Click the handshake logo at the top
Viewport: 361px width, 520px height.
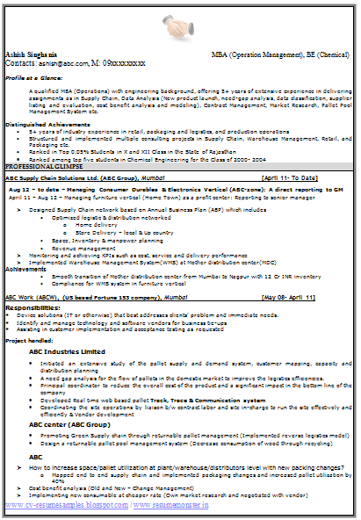point(181,27)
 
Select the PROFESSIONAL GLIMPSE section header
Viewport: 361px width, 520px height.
point(47,166)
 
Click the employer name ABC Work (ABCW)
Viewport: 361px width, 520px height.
point(31,298)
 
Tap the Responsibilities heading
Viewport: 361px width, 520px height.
point(35,308)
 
